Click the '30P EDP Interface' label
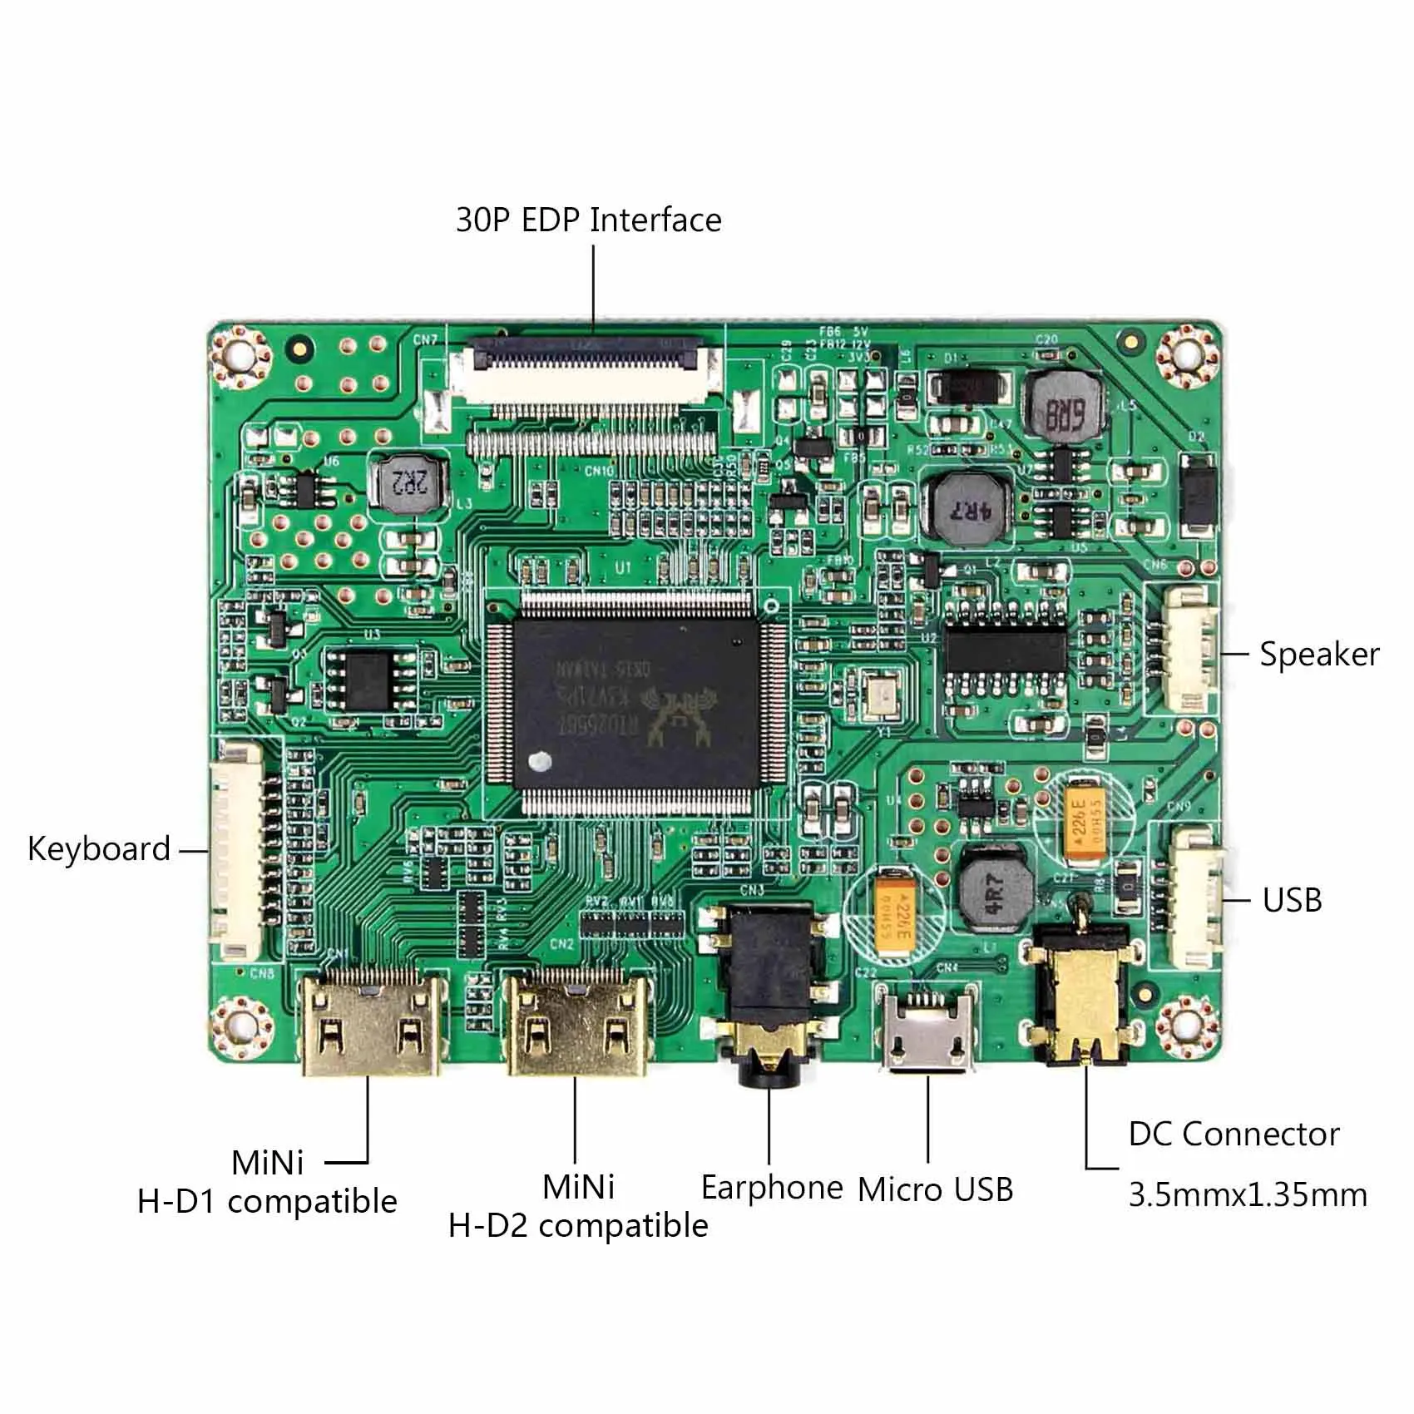pos(588,220)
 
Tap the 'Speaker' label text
pos(1318,654)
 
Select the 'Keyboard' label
pos(99,849)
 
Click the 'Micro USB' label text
pos(935,1189)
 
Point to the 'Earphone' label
pos(772,1187)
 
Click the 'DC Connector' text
pos(1234,1135)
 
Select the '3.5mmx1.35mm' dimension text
pos(1248,1195)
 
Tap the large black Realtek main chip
pos(637,703)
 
